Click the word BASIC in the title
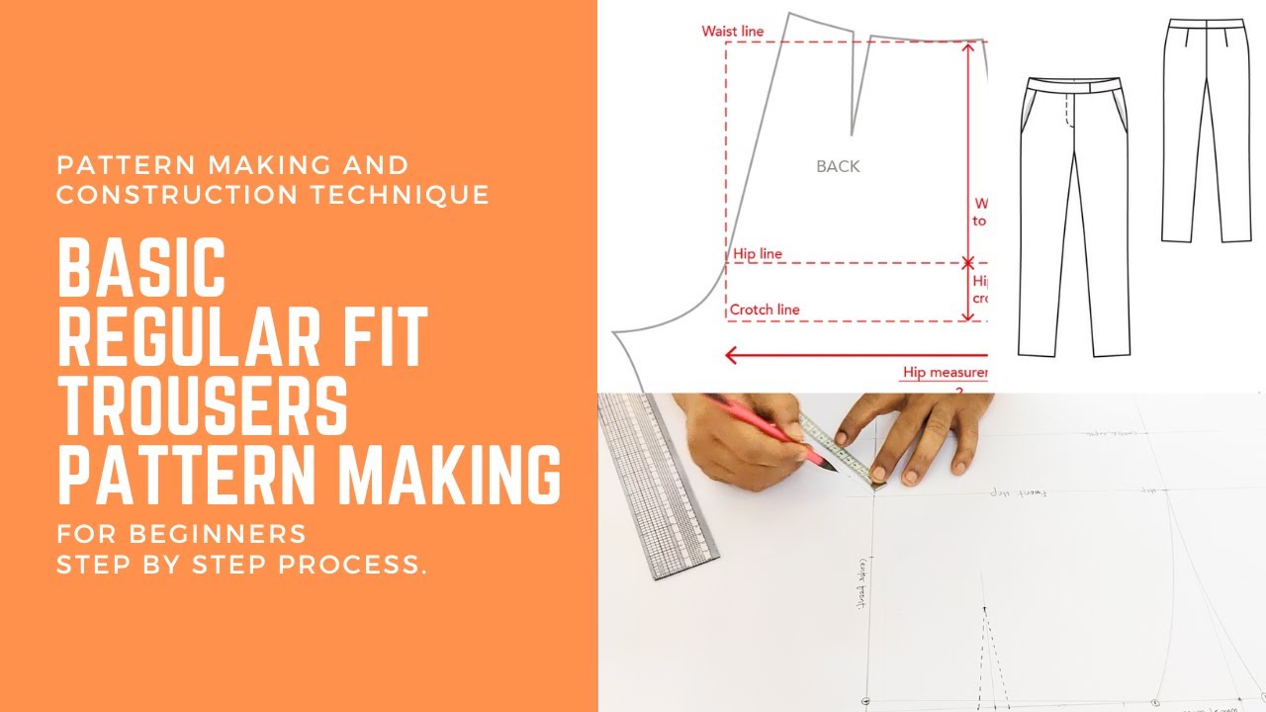pos(141,269)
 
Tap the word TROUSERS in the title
pos(203,405)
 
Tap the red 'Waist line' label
pos(733,32)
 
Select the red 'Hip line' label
pos(758,254)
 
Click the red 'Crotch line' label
pos(765,310)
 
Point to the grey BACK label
pos(838,167)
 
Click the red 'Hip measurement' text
pos(945,373)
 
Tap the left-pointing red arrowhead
pos(732,354)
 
